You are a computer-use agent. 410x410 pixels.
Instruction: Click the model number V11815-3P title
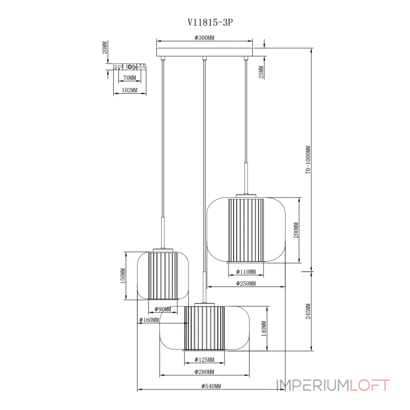point(210,22)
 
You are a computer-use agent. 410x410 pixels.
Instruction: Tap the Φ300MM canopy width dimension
point(204,37)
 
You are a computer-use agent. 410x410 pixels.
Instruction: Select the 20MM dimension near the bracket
point(105,47)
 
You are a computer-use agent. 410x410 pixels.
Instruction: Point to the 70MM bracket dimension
point(130,78)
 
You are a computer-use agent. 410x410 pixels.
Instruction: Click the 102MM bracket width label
point(130,90)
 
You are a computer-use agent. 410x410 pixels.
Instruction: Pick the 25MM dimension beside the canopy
point(261,72)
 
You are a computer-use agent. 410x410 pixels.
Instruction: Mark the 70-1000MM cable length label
point(308,160)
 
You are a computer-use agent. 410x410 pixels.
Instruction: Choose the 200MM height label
point(296,230)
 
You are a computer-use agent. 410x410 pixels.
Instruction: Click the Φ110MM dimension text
point(246,272)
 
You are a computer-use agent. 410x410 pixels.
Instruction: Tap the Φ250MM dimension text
point(246,283)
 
